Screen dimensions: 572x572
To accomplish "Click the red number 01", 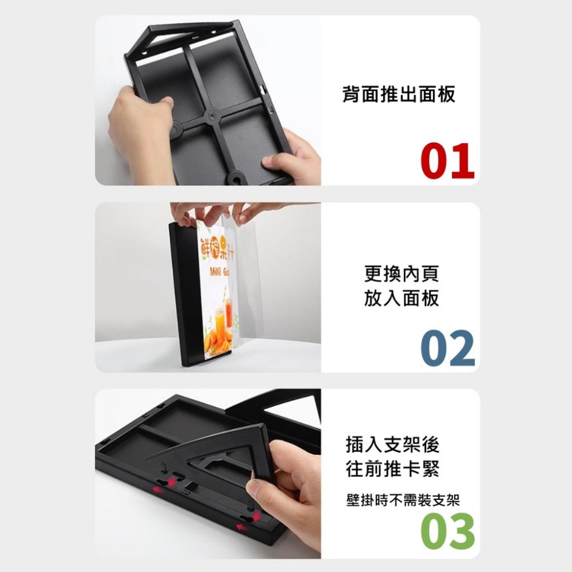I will click(x=447, y=161).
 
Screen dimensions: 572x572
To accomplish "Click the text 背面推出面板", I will click(x=399, y=94).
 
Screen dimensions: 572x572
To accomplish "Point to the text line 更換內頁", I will click(x=402, y=273).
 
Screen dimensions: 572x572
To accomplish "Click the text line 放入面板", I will click(x=402, y=298).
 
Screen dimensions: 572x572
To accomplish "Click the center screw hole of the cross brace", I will click(x=211, y=116).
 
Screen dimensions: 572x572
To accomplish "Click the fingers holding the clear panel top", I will click(x=217, y=213).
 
